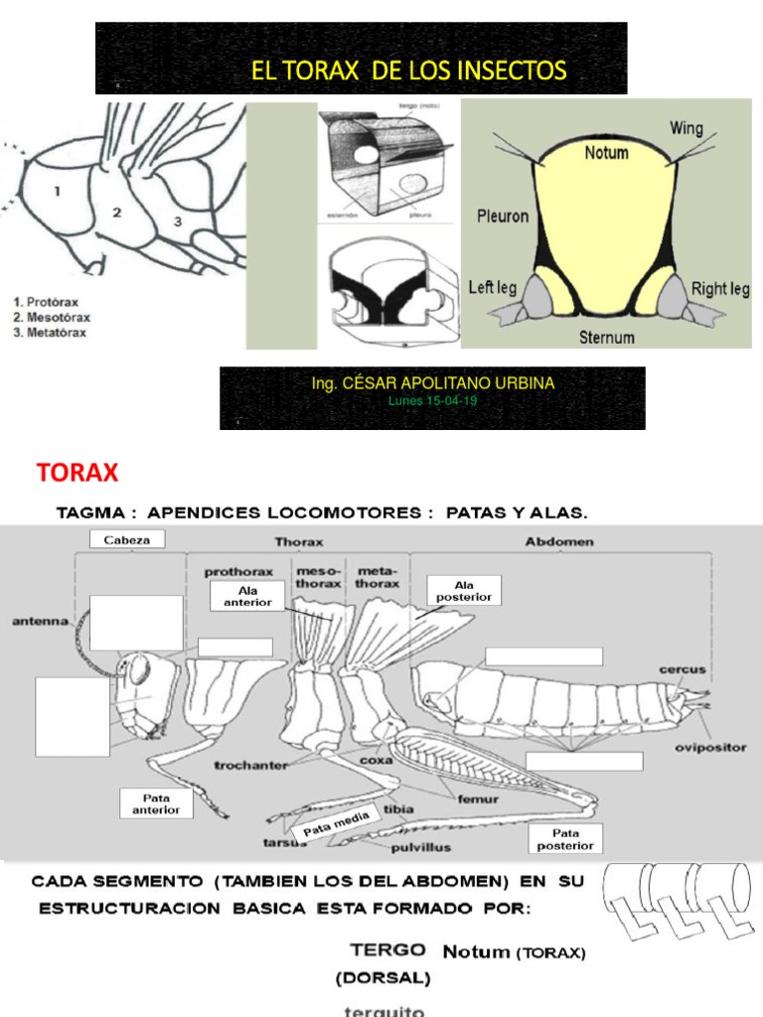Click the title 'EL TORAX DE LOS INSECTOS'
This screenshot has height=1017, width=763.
pyautogui.click(x=409, y=71)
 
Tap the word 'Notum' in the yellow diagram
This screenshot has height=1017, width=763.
pyautogui.click(x=606, y=153)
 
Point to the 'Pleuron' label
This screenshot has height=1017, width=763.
pyautogui.click(x=503, y=215)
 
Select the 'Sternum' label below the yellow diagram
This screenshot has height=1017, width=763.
pyautogui.click(x=606, y=338)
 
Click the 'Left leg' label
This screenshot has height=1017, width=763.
pyautogui.click(x=493, y=288)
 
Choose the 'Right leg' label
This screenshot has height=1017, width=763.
pyautogui.click(x=721, y=289)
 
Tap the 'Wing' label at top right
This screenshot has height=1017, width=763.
pyautogui.click(x=687, y=127)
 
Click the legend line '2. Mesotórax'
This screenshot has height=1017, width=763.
pyautogui.click(x=53, y=318)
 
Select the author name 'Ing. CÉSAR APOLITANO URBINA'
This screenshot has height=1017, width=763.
pyautogui.click(x=432, y=382)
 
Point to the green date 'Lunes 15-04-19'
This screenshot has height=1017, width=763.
pyautogui.click(x=432, y=400)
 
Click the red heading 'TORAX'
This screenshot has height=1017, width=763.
pyautogui.click(x=77, y=472)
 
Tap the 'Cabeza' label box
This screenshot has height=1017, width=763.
pyautogui.click(x=126, y=539)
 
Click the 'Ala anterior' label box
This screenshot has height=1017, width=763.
pyautogui.click(x=247, y=596)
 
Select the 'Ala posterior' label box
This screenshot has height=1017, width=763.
pyautogui.click(x=463, y=590)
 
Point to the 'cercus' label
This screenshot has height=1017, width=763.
pyautogui.click(x=683, y=670)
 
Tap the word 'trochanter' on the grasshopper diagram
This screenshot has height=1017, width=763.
pyautogui.click(x=250, y=765)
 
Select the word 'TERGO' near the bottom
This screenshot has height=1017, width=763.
pyautogui.click(x=389, y=950)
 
